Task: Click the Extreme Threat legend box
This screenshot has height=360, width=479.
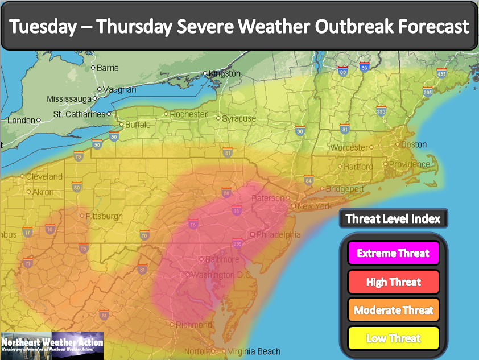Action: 394,253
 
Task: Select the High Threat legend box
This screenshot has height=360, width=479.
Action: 394,282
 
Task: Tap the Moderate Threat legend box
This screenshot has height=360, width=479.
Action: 394,310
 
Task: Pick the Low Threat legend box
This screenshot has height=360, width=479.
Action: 394,338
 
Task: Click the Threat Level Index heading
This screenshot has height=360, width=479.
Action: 393,219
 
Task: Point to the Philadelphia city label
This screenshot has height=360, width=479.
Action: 278,234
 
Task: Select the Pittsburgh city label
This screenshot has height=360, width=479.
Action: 104,216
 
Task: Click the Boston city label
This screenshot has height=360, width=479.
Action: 414,144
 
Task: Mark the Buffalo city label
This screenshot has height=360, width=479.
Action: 138,125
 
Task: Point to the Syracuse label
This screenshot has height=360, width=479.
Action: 239,119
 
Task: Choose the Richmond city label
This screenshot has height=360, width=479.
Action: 194,325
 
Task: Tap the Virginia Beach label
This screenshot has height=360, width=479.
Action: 254,351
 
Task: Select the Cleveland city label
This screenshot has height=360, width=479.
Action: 44,176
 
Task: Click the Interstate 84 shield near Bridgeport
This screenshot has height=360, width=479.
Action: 308,180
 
